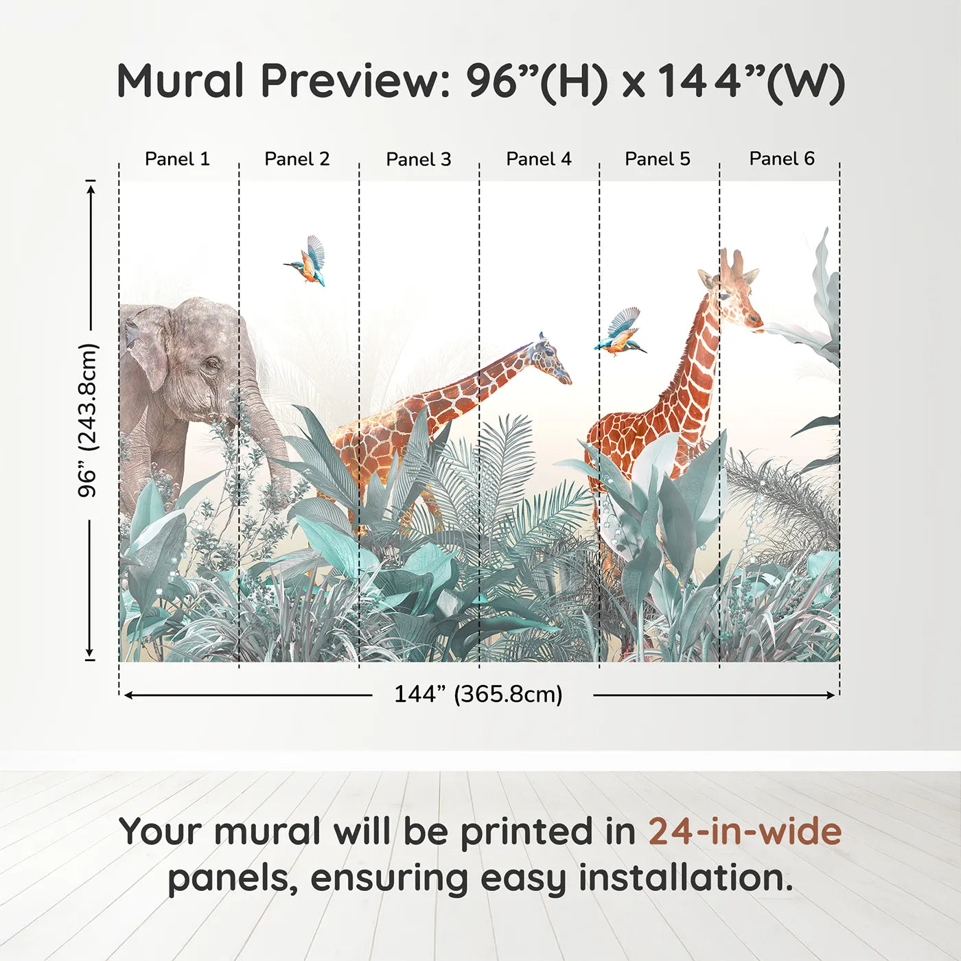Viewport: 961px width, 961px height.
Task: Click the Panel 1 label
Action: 177,159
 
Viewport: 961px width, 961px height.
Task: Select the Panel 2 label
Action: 297,159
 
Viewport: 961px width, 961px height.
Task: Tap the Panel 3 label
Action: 419,159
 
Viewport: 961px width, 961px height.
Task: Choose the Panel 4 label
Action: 539,159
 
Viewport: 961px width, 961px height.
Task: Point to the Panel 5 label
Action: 658,159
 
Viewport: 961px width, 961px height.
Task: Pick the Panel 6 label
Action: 781,159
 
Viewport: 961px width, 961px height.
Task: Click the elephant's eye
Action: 211,364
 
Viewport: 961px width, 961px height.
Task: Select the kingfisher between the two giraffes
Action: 619,332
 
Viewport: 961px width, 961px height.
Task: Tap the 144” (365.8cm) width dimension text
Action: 478,694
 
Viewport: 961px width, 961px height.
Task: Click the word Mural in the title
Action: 180,80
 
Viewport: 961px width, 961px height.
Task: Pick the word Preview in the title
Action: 356,81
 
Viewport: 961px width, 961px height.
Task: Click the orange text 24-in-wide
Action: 745,831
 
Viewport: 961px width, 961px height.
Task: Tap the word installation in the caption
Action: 685,878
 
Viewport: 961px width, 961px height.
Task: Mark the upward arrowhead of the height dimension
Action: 90,189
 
